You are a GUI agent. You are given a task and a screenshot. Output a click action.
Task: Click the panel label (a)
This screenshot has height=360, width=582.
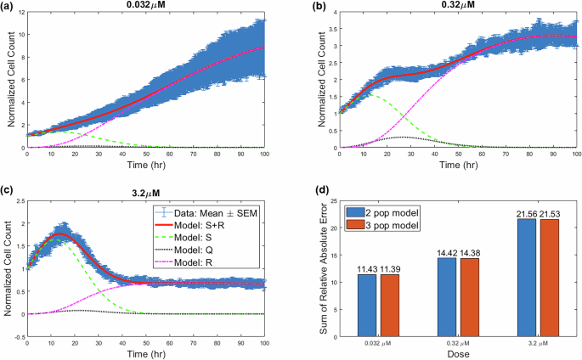(x=9, y=6)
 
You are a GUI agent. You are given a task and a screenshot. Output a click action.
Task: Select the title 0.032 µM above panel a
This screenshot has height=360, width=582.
(x=146, y=6)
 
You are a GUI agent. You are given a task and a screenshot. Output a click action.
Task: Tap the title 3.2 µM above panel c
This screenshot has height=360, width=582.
(x=147, y=192)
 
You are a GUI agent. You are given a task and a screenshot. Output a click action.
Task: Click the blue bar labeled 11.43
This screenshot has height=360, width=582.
(x=366, y=305)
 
